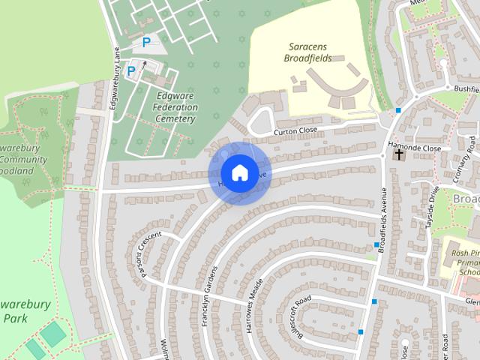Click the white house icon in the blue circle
tap(239, 172)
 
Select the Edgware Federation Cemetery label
tap(177, 107)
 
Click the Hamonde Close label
tap(414, 148)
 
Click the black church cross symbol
tap(399, 155)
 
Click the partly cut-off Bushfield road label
tap(465, 88)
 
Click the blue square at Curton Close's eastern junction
tap(398, 111)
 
